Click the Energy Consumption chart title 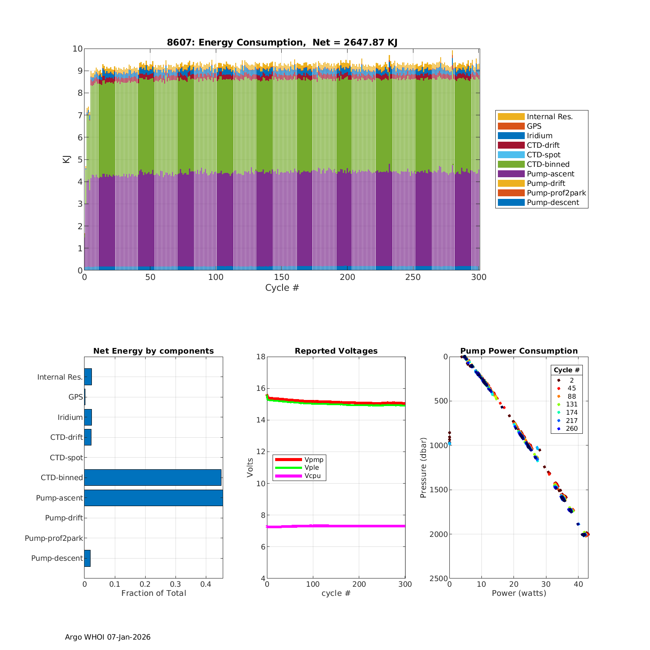[x=282, y=42]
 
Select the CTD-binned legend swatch [x=511, y=164]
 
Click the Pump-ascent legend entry [x=550, y=174]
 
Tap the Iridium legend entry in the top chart [x=539, y=136]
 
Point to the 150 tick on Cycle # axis [x=282, y=277]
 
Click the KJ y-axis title [x=66, y=159]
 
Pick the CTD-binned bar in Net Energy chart [x=153, y=478]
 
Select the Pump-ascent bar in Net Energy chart [x=153, y=498]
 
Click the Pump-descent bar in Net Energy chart [x=87, y=558]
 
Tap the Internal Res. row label [x=60, y=377]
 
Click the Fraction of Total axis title [x=154, y=593]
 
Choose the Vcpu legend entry [x=312, y=476]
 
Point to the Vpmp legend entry [x=314, y=459]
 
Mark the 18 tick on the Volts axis [x=261, y=357]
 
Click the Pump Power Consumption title [x=519, y=351]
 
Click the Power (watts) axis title [x=519, y=593]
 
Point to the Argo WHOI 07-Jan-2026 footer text [x=108, y=637]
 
